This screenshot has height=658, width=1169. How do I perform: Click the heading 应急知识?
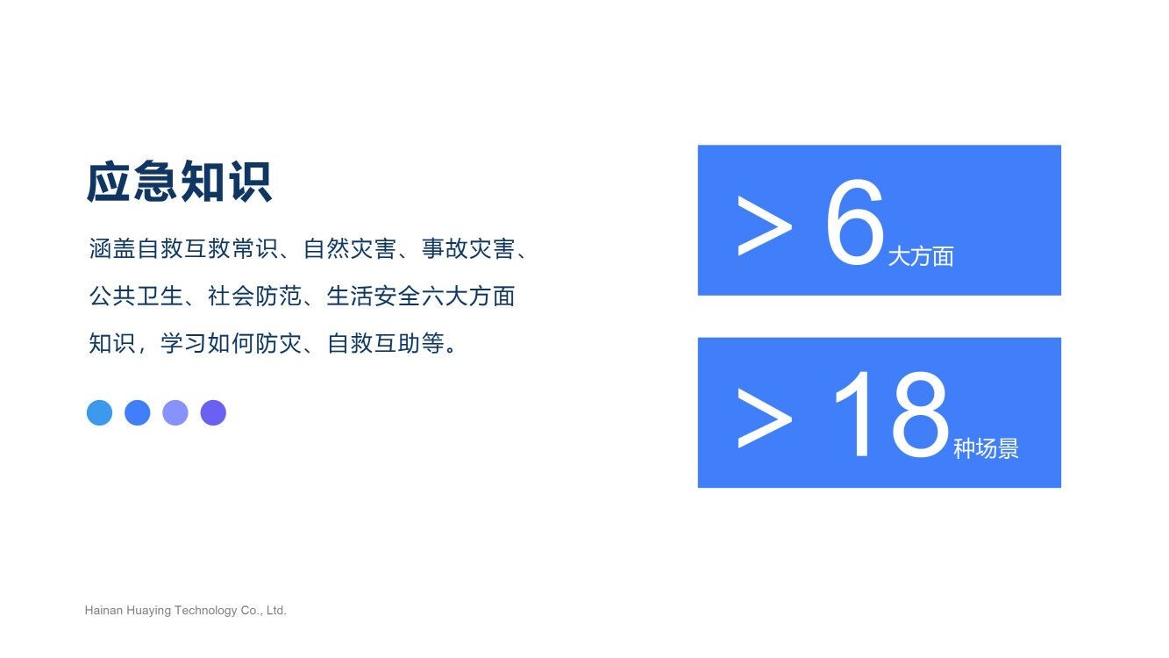tap(179, 182)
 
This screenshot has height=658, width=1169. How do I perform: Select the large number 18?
tap(892, 414)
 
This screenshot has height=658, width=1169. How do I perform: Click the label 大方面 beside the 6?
tap(921, 256)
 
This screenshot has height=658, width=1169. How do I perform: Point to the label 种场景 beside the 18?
tap(986, 448)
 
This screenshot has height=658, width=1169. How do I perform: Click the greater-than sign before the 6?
tap(765, 225)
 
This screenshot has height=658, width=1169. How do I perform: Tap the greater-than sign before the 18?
tap(765, 418)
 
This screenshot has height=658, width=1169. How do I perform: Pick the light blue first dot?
tap(100, 412)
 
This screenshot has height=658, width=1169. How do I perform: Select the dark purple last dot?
tap(213, 412)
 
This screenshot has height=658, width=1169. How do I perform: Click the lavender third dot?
tap(175, 412)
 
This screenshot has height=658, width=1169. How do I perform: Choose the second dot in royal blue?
tap(138, 412)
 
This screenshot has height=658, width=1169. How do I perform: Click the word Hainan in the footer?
tap(103, 610)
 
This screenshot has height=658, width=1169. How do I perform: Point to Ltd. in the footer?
tap(276, 610)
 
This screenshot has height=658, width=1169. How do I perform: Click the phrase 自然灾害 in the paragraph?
tap(350, 248)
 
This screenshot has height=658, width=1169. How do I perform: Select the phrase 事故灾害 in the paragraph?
tap(468, 248)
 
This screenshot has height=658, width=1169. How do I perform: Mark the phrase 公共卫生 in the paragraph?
tap(136, 297)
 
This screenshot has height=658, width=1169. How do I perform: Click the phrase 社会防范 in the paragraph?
tap(254, 297)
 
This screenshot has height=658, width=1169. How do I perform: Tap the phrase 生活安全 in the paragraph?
tap(373, 297)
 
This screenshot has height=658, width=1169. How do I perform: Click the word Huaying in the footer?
tap(149, 611)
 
